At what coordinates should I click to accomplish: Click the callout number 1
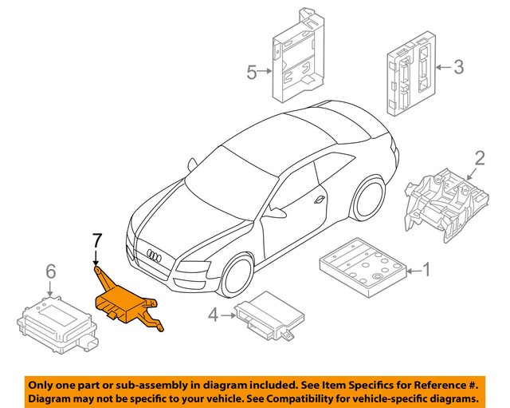[x=425, y=271]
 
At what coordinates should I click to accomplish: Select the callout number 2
[x=480, y=156]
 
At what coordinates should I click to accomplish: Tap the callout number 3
[x=458, y=67]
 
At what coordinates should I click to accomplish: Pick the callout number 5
[x=252, y=73]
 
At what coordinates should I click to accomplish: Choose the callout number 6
[x=50, y=272]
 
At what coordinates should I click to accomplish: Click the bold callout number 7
[x=96, y=239]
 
